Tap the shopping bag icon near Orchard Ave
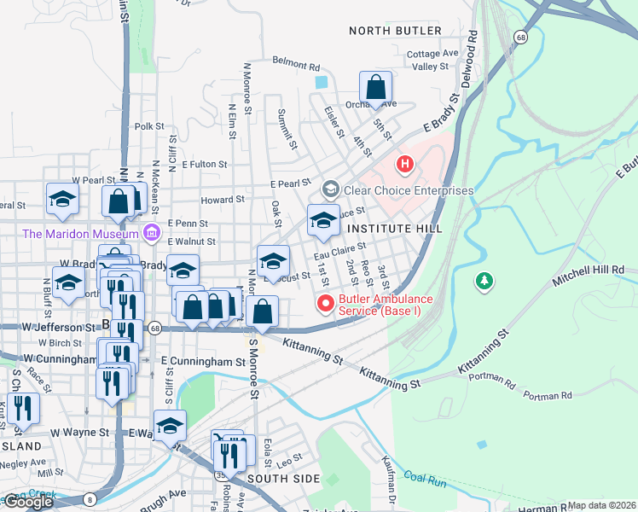[x=375, y=88]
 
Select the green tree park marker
[x=484, y=280]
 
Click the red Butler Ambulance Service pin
[x=325, y=303]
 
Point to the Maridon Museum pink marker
[x=152, y=232]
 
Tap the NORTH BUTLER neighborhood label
[x=396, y=31]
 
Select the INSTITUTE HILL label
[x=396, y=230]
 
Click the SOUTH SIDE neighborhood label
[x=283, y=479]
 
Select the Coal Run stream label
[x=425, y=478]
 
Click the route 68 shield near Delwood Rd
[x=519, y=36]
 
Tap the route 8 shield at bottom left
[x=90, y=499]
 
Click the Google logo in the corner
[x=28, y=502]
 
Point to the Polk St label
[x=148, y=126]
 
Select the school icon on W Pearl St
[x=62, y=200]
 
